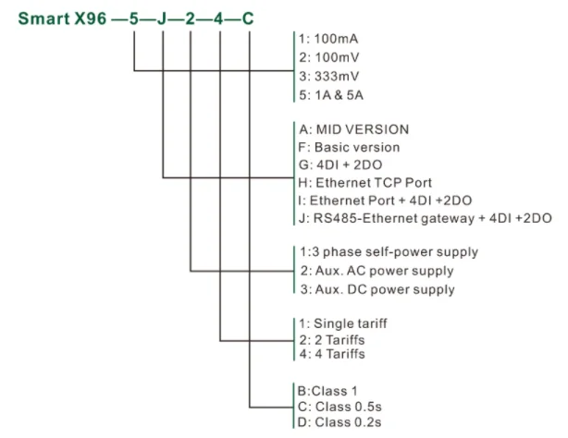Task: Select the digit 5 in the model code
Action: click(135, 18)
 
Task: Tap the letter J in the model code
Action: click(163, 18)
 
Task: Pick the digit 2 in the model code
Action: click(191, 18)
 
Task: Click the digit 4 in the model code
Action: click(220, 18)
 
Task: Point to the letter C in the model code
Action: click(249, 18)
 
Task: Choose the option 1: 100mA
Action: click(329, 40)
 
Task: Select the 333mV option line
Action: click(329, 76)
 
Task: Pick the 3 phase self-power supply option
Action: click(389, 253)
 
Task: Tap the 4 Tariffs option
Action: click(332, 354)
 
